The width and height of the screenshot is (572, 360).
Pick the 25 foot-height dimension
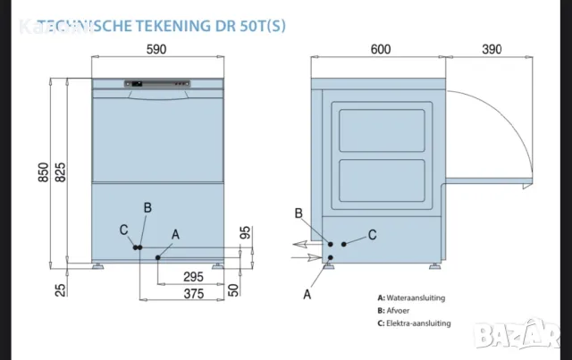59,289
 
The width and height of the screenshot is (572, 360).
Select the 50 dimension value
233,289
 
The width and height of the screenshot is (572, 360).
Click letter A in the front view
175,234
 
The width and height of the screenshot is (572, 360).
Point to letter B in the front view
147,207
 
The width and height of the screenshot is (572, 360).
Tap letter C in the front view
123,230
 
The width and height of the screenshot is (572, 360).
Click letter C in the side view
372,234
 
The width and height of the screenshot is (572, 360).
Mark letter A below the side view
307,293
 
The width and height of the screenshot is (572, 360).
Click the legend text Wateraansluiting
416,297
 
